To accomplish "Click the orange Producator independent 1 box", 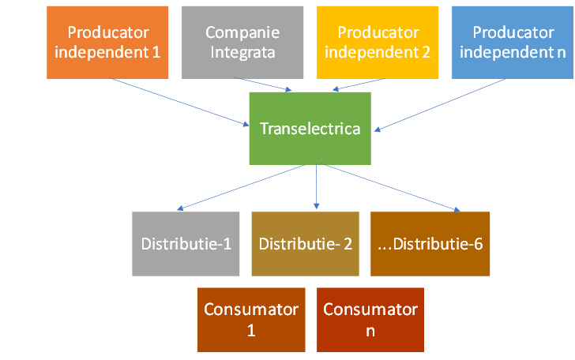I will (107, 43).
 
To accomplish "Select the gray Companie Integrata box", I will (242, 43).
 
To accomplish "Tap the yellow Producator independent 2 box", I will (378, 43).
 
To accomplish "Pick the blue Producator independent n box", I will (513, 43).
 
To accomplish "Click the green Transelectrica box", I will (310, 129).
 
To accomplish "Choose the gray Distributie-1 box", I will (186, 243).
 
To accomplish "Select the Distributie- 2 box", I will (305, 243).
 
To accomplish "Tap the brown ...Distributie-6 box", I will (430, 243).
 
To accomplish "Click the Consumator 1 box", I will (251, 319).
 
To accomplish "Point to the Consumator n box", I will (370, 319).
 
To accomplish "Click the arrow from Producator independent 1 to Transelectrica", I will (186, 103).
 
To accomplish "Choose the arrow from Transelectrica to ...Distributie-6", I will (387, 188).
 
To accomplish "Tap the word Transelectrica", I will (310, 129).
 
